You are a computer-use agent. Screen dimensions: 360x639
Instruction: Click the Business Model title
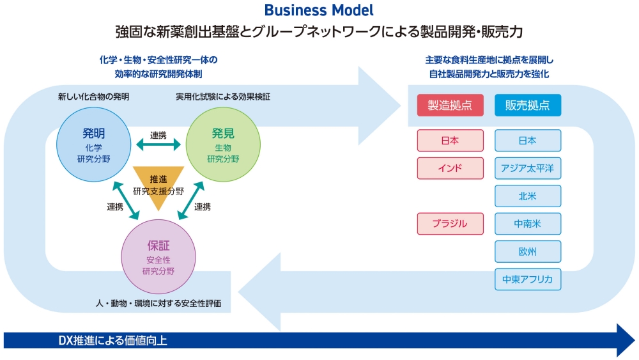click(x=318, y=10)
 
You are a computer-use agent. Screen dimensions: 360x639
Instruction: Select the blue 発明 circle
click(x=93, y=144)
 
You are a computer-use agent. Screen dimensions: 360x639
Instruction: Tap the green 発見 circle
click(x=223, y=144)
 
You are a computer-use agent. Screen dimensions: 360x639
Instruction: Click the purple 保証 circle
click(x=158, y=256)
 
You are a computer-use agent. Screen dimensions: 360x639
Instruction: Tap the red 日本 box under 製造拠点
click(x=450, y=141)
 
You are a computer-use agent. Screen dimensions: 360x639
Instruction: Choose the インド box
click(x=450, y=168)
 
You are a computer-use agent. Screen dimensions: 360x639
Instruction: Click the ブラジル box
click(x=450, y=224)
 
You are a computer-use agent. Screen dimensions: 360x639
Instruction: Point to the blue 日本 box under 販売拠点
click(x=528, y=141)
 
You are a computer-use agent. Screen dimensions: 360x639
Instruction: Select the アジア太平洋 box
click(x=528, y=168)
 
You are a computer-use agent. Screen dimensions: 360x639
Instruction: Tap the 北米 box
click(x=528, y=196)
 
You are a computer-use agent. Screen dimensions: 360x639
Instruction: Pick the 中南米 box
click(x=528, y=224)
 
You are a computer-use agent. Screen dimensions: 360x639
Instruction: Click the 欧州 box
click(x=528, y=251)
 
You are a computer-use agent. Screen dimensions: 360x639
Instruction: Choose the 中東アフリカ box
click(x=528, y=279)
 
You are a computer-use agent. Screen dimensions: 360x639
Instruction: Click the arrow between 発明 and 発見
click(x=158, y=146)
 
